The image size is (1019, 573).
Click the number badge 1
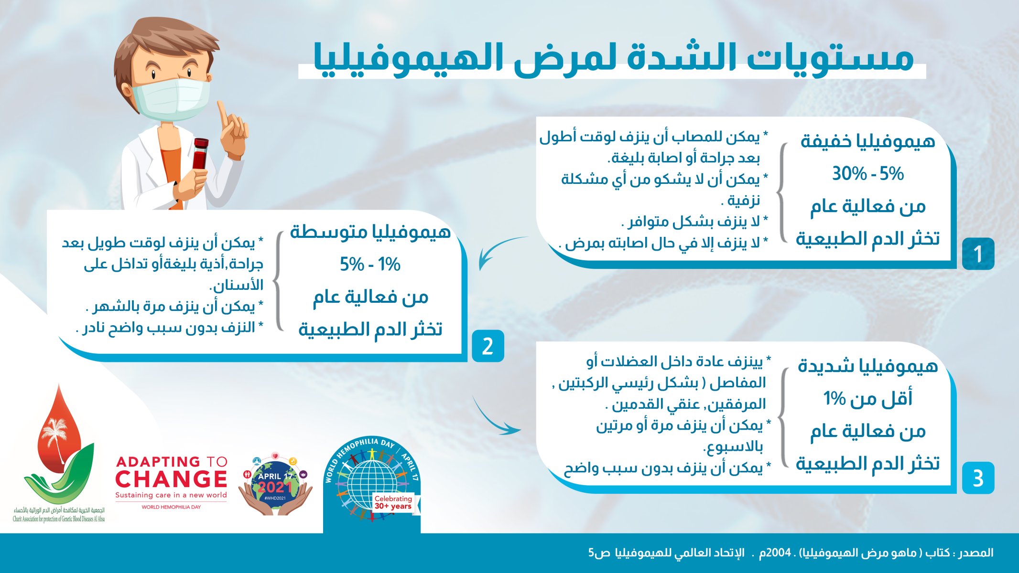click(x=978, y=254)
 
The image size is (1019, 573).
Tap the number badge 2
click(x=488, y=346)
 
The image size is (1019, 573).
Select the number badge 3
click(x=978, y=478)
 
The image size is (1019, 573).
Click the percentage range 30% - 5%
click(x=868, y=174)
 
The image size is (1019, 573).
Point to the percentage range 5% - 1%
click(x=370, y=264)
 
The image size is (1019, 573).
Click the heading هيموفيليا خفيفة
click(x=868, y=141)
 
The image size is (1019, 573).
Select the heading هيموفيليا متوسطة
click(x=370, y=232)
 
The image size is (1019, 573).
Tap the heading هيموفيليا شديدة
click(x=868, y=366)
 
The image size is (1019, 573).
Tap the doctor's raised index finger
click(x=222, y=113)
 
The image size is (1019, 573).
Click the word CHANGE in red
click(x=171, y=479)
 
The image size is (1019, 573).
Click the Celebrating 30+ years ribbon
click(x=393, y=502)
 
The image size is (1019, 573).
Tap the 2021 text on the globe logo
click(x=275, y=487)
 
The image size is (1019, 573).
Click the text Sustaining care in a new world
click(x=171, y=495)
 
